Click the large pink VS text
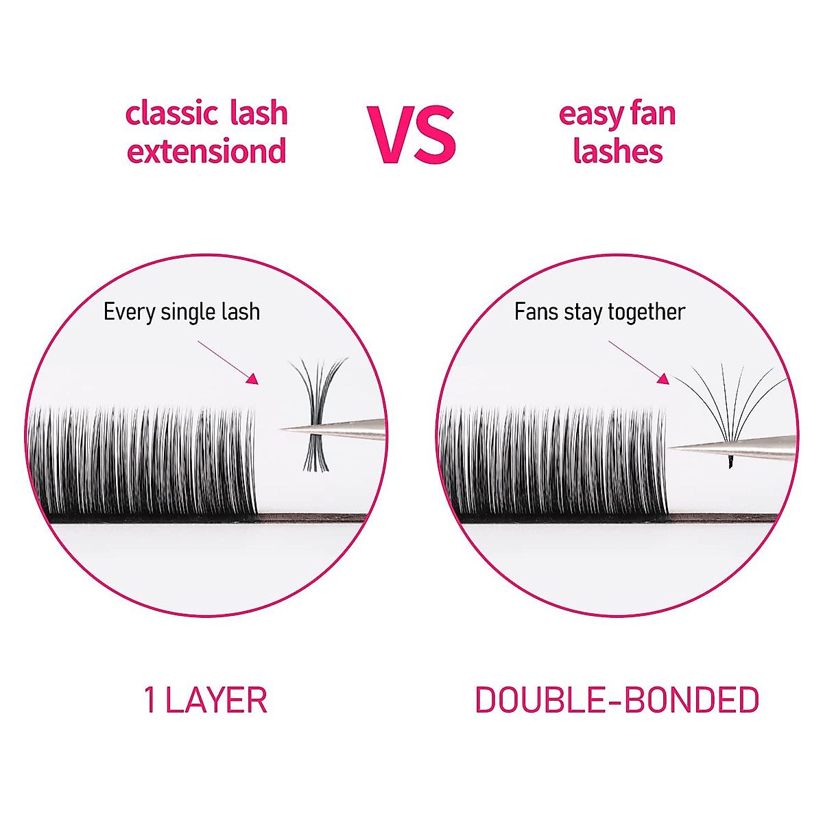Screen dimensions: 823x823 [x=411, y=135]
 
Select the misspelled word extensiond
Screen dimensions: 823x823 [x=206, y=152]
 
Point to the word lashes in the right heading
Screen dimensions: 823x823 [x=618, y=152]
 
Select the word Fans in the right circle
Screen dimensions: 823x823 [x=537, y=312]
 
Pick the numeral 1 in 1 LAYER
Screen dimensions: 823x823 [x=150, y=700]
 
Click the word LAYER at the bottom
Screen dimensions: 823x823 [x=216, y=700]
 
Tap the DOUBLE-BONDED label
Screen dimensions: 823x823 [x=617, y=700]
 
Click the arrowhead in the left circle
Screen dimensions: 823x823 [x=252, y=379]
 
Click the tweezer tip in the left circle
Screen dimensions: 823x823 [x=283, y=430]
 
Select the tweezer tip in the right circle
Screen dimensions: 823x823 [x=672, y=448]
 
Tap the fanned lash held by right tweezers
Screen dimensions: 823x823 [x=727, y=405]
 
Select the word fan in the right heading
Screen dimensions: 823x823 [x=652, y=114]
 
